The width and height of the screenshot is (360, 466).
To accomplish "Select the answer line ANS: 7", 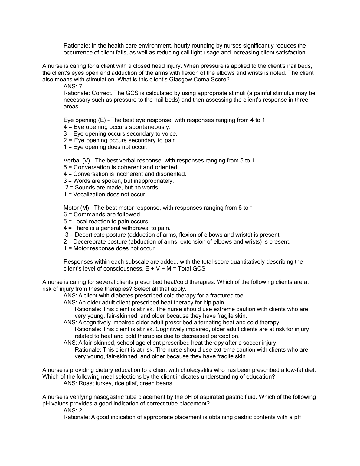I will click(73, 87).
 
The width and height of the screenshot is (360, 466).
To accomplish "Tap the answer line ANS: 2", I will click(73, 410).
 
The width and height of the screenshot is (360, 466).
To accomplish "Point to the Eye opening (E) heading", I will click(84, 120).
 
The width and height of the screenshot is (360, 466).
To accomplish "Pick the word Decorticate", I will click(89, 235).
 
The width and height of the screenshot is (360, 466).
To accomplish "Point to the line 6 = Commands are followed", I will click(103, 215).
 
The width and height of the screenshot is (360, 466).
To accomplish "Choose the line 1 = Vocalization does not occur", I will click(105, 195).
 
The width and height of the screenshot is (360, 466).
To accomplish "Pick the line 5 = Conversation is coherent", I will click(121, 167).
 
